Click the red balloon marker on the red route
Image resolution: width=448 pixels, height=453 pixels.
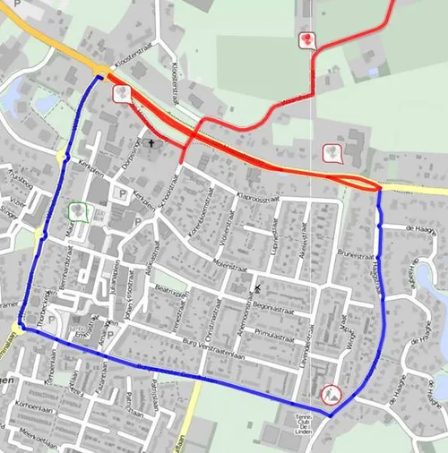coord(307,40)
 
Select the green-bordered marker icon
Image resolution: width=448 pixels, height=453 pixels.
coord(79,212)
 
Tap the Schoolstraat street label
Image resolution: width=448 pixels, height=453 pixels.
coord(168,186)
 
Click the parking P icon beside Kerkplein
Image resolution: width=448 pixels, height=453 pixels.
coord(122,192)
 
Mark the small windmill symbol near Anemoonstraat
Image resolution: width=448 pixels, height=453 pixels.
coord(258,288)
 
